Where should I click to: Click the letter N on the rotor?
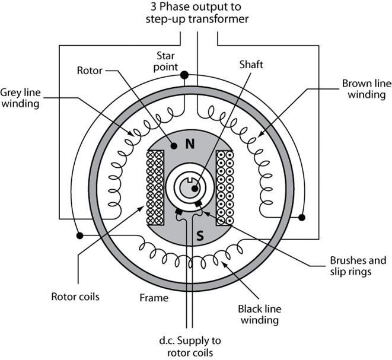coord(190,143)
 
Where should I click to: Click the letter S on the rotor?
coord(200,235)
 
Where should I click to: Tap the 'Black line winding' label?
coord(258,314)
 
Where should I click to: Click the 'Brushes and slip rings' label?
coord(357,266)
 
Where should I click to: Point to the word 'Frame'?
coord(155,297)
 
